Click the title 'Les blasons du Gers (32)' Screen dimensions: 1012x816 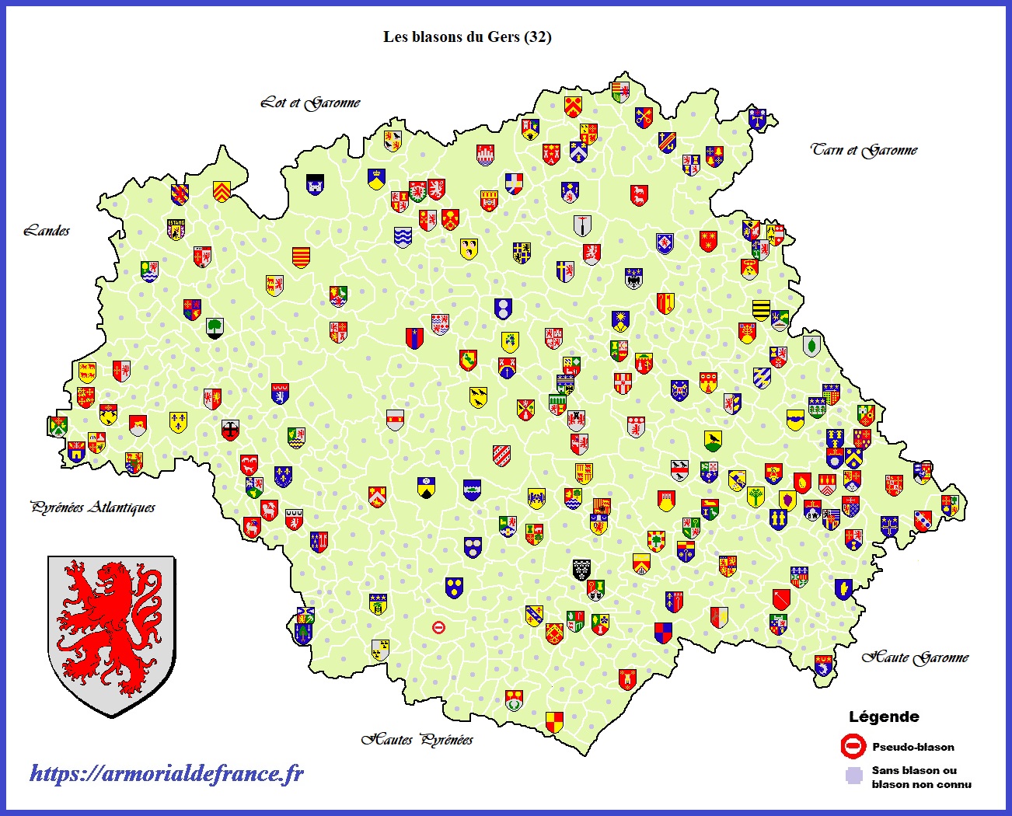click(467, 37)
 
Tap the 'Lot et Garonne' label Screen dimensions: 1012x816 click(310, 103)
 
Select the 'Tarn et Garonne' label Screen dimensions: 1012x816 click(864, 150)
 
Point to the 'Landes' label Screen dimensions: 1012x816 click(47, 231)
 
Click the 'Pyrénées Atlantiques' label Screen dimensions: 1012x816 click(92, 507)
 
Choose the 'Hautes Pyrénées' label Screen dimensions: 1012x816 click(417, 739)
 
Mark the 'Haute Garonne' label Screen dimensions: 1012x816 click(915, 657)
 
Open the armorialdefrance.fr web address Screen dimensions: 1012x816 click(166, 773)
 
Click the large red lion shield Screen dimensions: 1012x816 click(111, 634)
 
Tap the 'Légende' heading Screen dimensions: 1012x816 click(884, 717)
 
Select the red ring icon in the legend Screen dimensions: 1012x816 click(853, 747)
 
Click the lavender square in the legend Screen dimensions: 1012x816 click(854, 776)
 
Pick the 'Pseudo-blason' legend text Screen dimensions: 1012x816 click(913, 747)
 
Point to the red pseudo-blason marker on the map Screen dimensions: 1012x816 click(439, 626)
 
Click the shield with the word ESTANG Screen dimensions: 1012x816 click(176, 228)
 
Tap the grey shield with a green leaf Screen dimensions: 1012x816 click(811, 345)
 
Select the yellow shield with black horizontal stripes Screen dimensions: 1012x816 click(761, 309)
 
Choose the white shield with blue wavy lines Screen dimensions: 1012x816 click(402, 237)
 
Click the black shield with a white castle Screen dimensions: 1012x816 click(315, 184)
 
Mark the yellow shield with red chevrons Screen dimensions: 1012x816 click(222, 190)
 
